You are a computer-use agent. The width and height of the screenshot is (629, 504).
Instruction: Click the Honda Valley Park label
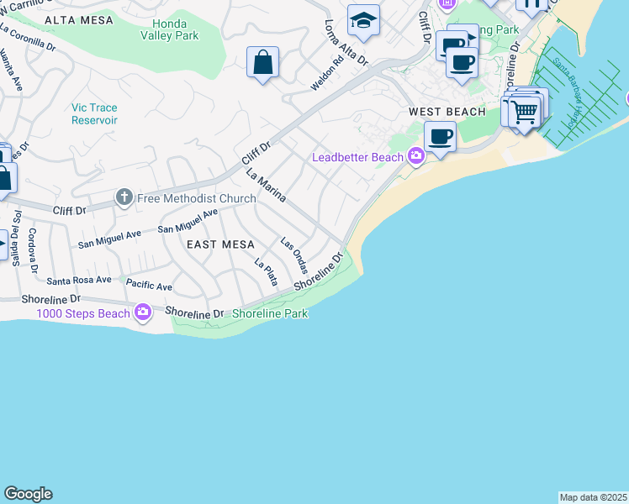pos(171,29)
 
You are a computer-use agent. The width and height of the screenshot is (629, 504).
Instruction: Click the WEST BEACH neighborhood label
pos(447,112)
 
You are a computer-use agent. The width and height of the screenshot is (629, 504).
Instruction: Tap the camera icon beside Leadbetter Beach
pos(415,156)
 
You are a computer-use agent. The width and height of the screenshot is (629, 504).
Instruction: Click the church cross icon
pos(124,198)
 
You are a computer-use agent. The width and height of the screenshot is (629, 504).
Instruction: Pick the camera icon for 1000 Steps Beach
pos(142,313)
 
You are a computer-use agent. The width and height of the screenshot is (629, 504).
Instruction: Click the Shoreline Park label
pos(270,313)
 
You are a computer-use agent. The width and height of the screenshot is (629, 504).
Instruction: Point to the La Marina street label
pos(267,185)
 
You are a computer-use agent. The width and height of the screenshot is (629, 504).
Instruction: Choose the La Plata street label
pos(266,272)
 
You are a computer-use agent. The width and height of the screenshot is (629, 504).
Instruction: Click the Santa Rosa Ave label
pos(79,280)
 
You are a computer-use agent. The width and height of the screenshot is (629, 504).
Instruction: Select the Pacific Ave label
pos(149,286)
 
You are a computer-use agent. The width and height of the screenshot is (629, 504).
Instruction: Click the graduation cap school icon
pos(364,20)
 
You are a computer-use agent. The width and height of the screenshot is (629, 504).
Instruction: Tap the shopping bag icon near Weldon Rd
pos(263,62)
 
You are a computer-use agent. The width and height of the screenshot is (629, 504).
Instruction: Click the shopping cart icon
pos(525,109)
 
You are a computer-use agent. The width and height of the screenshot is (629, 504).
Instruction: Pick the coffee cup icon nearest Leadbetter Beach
pos(440,136)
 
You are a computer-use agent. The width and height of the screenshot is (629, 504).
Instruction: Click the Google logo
pos(28,494)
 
